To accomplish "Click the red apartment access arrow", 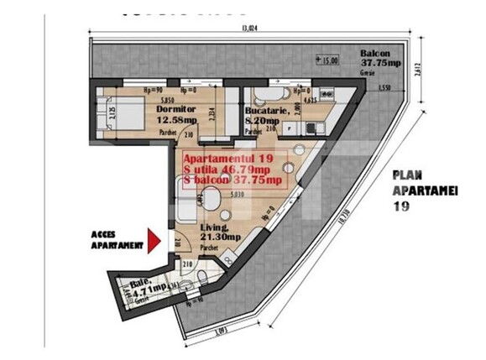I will pyautogui.click(x=153, y=240).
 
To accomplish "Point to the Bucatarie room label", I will pyautogui.click(x=267, y=110).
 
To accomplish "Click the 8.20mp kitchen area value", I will pyautogui.click(x=261, y=119).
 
